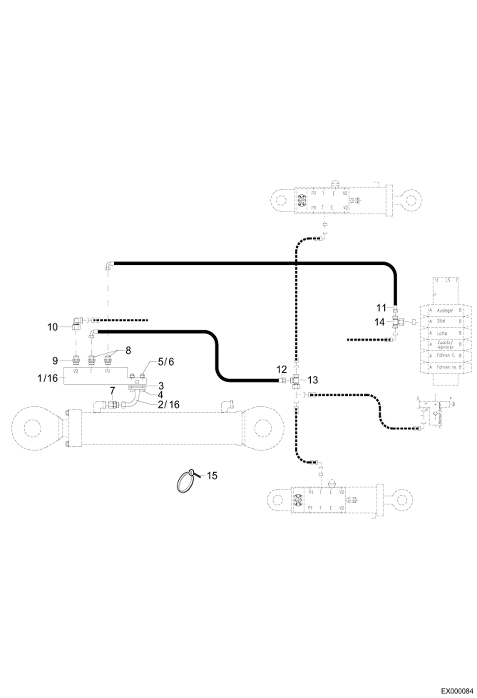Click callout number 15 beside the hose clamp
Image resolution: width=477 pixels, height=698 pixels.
(212, 476)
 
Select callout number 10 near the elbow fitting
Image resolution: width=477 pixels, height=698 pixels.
(53, 327)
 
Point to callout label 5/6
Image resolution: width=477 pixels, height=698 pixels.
(166, 362)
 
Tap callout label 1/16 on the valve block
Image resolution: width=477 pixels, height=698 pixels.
(47, 378)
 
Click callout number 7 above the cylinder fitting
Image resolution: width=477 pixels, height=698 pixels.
(112, 390)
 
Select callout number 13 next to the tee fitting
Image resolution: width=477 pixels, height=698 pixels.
(313, 380)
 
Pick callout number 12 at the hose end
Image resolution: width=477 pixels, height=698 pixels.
(281, 370)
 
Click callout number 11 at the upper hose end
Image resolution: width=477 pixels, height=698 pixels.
(381, 308)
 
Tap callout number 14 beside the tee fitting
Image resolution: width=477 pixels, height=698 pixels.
(379, 322)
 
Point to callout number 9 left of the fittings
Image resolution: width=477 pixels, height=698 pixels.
(55, 361)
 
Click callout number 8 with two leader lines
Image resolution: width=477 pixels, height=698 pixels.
(128, 351)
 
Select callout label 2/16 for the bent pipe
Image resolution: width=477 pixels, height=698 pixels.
(168, 405)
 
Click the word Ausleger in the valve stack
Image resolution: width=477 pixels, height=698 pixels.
(445, 311)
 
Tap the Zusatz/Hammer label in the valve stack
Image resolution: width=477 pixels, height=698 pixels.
(445, 345)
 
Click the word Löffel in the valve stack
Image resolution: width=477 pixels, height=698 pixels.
(442, 333)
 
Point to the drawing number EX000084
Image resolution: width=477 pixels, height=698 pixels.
(457, 689)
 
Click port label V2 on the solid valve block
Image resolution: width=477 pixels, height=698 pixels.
(76, 371)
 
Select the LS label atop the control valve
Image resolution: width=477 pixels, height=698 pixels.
(447, 280)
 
